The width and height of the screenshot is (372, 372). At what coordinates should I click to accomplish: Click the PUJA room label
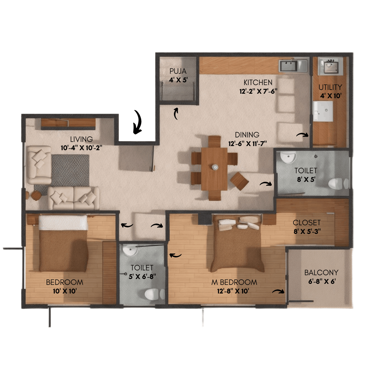(178, 71)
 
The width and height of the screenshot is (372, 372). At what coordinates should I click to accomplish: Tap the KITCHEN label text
(258, 83)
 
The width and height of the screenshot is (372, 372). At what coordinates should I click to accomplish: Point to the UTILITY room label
(330, 87)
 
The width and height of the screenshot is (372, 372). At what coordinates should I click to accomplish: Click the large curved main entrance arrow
(138, 122)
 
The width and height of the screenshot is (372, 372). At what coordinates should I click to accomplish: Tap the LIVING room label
(81, 139)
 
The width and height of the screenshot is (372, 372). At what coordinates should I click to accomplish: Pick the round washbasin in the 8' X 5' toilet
(288, 157)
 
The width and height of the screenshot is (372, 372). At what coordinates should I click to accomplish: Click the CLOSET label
(307, 223)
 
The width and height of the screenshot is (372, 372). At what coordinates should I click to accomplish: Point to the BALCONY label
(321, 273)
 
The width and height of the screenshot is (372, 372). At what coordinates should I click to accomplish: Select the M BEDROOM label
(234, 282)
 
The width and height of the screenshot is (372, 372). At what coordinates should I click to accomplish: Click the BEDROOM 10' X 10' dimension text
(64, 291)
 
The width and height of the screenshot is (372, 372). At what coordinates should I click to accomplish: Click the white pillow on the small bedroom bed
(63, 223)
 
